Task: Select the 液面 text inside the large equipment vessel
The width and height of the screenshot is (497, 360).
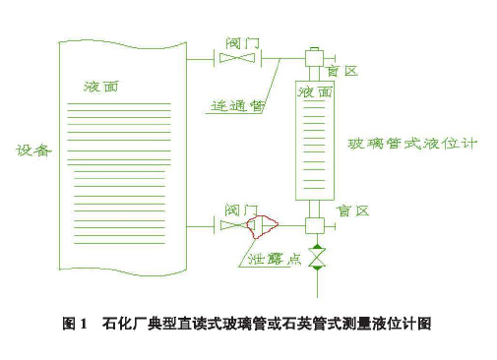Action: pyautogui.click(x=101, y=87)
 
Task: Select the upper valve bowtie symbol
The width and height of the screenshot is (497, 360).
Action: pyautogui.click(x=238, y=60)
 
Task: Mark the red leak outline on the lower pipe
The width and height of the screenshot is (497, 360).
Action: pyautogui.click(x=263, y=228)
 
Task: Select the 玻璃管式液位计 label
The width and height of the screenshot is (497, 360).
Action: pyautogui.click(x=412, y=144)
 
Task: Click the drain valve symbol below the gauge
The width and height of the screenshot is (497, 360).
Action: pyautogui.click(x=316, y=259)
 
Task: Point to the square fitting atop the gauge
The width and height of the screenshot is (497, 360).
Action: pyautogui.click(x=315, y=59)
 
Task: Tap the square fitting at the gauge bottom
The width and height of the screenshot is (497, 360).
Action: pyautogui.click(x=315, y=226)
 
